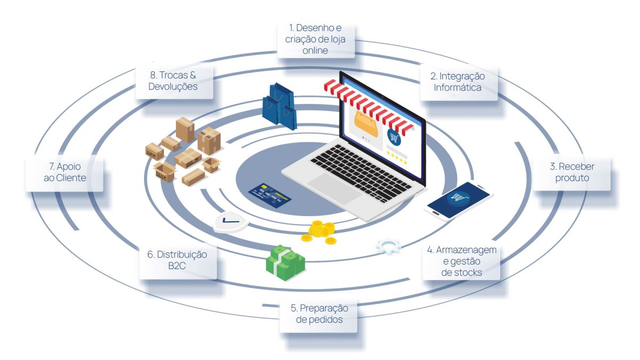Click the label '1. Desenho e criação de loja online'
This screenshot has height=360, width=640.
pyautogui.click(x=315, y=39)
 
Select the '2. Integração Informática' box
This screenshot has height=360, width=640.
pyautogui.click(x=458, y=82)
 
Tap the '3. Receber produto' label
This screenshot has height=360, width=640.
pyautogui.click(x=572, y=172)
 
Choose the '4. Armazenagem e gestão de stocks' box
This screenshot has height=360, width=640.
pyautogui.click(x=461, y=261)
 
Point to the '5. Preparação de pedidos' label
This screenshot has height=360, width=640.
pyautogui.click(x=318, y=314)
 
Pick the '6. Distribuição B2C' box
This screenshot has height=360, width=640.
pyautogui.click(x=178, y=260)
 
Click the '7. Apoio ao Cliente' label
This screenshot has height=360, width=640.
pyautogui.click(x=65, y=172)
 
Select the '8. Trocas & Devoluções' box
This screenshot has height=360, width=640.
pyautogui.click(x=174, y=81)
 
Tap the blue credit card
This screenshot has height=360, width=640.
pyautogui.click(x=270, y=194)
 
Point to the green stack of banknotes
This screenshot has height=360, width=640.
pyautogui.click(x=285, y=262)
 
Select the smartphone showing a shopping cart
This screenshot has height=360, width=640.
pyautogui.click(x=459, y=201)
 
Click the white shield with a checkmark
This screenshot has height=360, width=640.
pyautogui.click(x=230, y=222)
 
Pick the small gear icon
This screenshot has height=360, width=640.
pyautogui.click(x=389, y=246)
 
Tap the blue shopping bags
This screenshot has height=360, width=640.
pyautogui.click(x=279, y=106)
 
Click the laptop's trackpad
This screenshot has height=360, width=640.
pyautogui.click(x=334, y=189)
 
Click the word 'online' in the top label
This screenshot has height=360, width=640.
pyautogui.click(x=315, y=51)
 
